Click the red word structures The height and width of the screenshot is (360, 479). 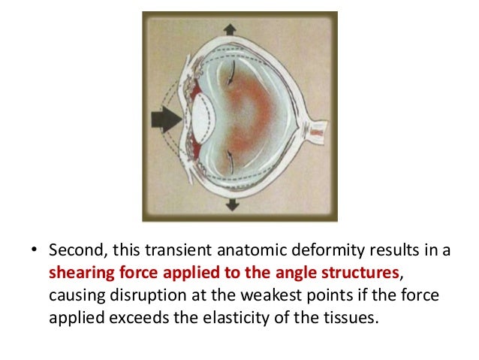click(x=337, y=271)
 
